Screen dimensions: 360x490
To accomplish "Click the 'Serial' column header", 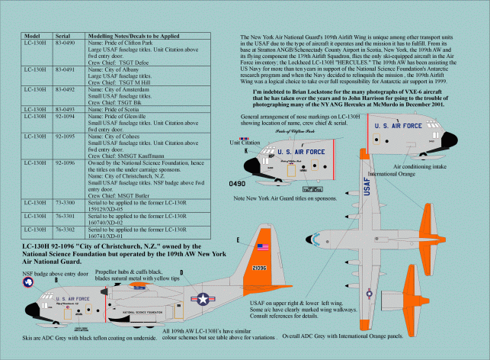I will pos(63,36).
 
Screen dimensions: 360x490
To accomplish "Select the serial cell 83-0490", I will pos(64,43).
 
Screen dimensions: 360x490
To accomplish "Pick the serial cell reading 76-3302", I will pos(64,228).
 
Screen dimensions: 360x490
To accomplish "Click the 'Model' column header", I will pos(32,36).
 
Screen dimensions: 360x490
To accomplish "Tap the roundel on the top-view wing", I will pos(389,295).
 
